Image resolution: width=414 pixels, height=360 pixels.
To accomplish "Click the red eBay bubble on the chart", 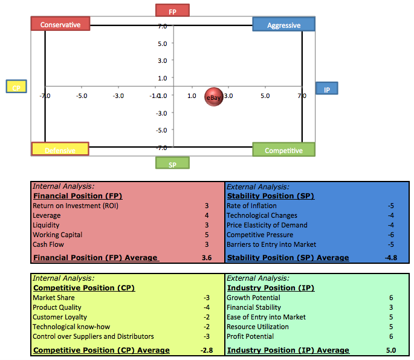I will [215, 97].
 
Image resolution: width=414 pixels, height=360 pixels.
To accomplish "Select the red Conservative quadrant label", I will [60, 24].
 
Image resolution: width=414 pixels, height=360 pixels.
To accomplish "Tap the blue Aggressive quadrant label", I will [283, 25].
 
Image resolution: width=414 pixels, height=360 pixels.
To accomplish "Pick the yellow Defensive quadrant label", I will [60, 149].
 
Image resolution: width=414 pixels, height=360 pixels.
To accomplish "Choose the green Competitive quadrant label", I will [283, 150].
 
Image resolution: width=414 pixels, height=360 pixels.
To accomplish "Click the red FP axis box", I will [172, 11].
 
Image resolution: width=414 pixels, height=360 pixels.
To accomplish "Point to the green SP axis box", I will [172, 163].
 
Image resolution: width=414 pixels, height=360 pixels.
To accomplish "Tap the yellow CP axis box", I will [16, 88].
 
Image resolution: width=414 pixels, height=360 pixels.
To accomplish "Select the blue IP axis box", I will [326, 89].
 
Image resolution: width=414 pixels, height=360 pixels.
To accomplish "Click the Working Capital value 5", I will [207, 235].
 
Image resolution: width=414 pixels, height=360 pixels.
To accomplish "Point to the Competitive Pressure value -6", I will [390, 235].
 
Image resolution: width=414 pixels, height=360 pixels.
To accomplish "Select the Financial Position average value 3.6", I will [206, 258].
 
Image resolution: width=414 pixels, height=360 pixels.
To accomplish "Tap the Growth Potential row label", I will [253, 298].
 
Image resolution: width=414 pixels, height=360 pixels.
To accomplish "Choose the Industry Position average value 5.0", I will [390, 350].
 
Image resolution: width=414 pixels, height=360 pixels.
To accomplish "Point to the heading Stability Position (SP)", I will [270, 196].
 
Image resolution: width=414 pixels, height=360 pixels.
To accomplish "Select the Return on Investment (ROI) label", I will [76, 206].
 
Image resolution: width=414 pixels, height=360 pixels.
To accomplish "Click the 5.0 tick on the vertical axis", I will [162, 44].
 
